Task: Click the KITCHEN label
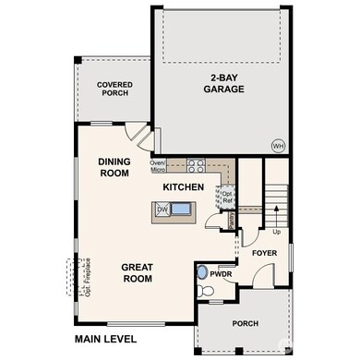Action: tap(183, 187)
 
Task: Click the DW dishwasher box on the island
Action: tap(163, 210)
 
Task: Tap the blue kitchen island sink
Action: tap(183, 210)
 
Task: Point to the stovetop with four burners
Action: tap(196, 166)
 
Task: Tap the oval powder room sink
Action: tap(202, 271)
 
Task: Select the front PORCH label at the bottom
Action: tap(245, 324)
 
